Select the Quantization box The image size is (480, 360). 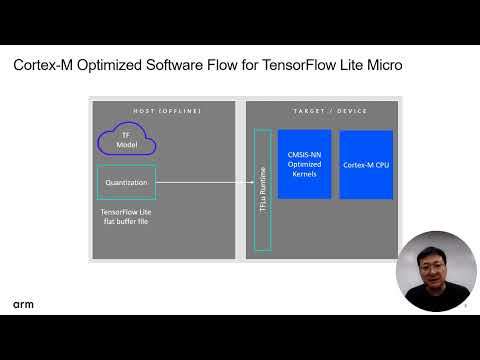(126, 182)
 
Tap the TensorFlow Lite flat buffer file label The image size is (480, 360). (127, 217)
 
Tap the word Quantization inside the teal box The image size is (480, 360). (126, 182)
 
